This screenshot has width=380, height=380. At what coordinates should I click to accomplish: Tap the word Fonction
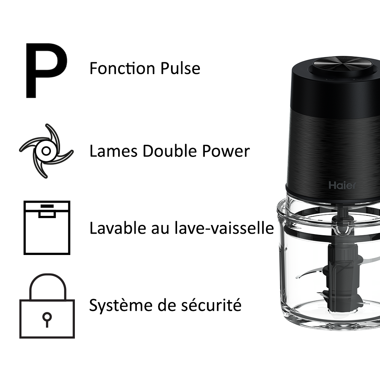pyautogui.click(x=122, y=68)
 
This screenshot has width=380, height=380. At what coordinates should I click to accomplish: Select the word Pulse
pyautogui.click(x=180, y=68)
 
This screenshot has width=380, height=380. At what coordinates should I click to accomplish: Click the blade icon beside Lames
pyautogui.click(x=46, y=151)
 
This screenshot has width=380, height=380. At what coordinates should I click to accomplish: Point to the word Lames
pyautogui.click(x=114, y=151)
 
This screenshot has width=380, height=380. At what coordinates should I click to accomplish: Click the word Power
pyautogui.click(x=226, y=151)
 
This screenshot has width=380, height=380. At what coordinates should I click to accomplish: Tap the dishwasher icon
pyautogui.click(x=47, y=228)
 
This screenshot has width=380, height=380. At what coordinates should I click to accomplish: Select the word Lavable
pyautogui.click(x=118, y=228)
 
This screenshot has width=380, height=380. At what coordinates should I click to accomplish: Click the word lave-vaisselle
pyautogui.click(x=224, y=228)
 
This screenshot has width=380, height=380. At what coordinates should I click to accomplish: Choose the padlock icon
pyautogui.click(x=47, y=306)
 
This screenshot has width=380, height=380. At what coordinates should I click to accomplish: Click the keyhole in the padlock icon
pyautogui.click(x=47, y=319)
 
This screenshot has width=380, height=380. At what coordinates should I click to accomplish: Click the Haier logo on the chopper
pyautogui.click(x=342, y=185)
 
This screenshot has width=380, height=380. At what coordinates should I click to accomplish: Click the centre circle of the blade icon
pyautogui.click(x=46, y=151)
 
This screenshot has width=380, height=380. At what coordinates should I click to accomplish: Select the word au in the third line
pyautogui.click(x=160, y=229)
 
